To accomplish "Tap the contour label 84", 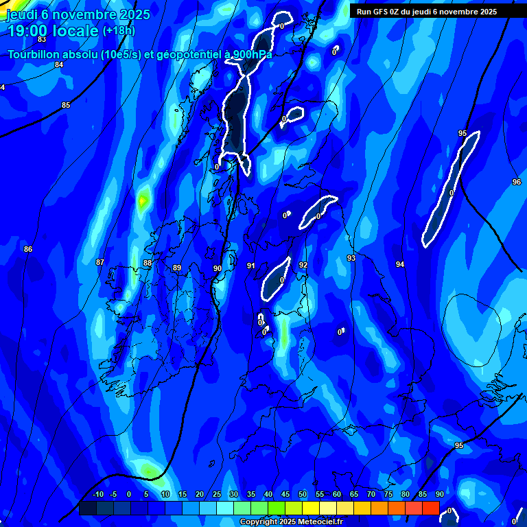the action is (59, 65).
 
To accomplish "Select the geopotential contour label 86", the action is (28, 249).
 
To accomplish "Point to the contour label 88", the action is (148, 263).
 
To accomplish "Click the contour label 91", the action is (251, 266).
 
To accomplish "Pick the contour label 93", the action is (351, 258).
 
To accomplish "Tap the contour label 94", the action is (400, 264).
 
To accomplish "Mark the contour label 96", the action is (516, 182).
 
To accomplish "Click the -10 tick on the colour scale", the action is (98, 495).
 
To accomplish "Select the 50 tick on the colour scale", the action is (303, 495).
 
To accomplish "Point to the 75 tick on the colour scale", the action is (388, 495).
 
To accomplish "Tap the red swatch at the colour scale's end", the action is (430, 508).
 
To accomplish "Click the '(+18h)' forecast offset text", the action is (119, 31).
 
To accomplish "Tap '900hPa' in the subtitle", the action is (250, 54).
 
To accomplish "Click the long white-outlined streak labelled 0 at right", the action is (451, 188).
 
